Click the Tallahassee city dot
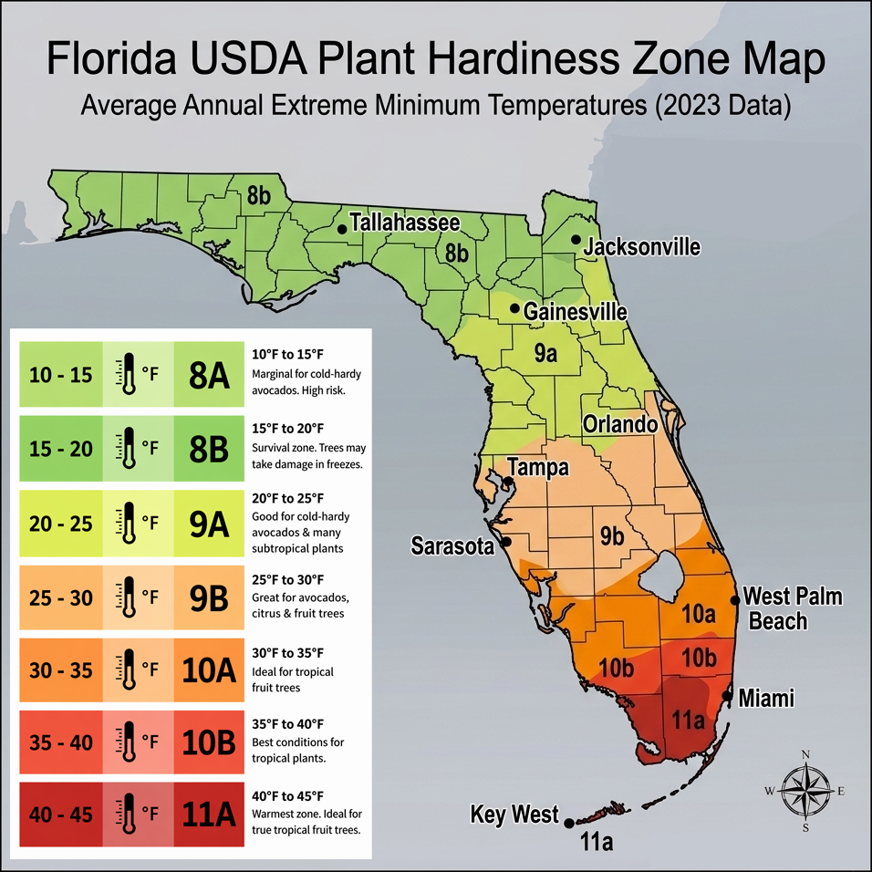[x=342, y=228]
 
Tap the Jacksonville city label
[x=641, y=247]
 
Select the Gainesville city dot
[x=515, y=308]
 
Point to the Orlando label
[x=620, y=425]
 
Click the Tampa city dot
[x=507, y=481]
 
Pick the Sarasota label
[x=452, y=546]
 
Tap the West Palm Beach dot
[x=735, y=600]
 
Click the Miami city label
[x=766, y=699]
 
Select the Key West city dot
[x=569, y=823]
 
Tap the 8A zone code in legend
[x=208, y=373]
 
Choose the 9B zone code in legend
[x=208, y=597]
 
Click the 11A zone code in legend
[x=208, y=815]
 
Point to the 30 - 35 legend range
[x=61, y=670]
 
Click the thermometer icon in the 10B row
[x=129, y=742]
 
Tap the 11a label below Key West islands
[x=597, y=844]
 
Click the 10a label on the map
[x=698, y=613]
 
